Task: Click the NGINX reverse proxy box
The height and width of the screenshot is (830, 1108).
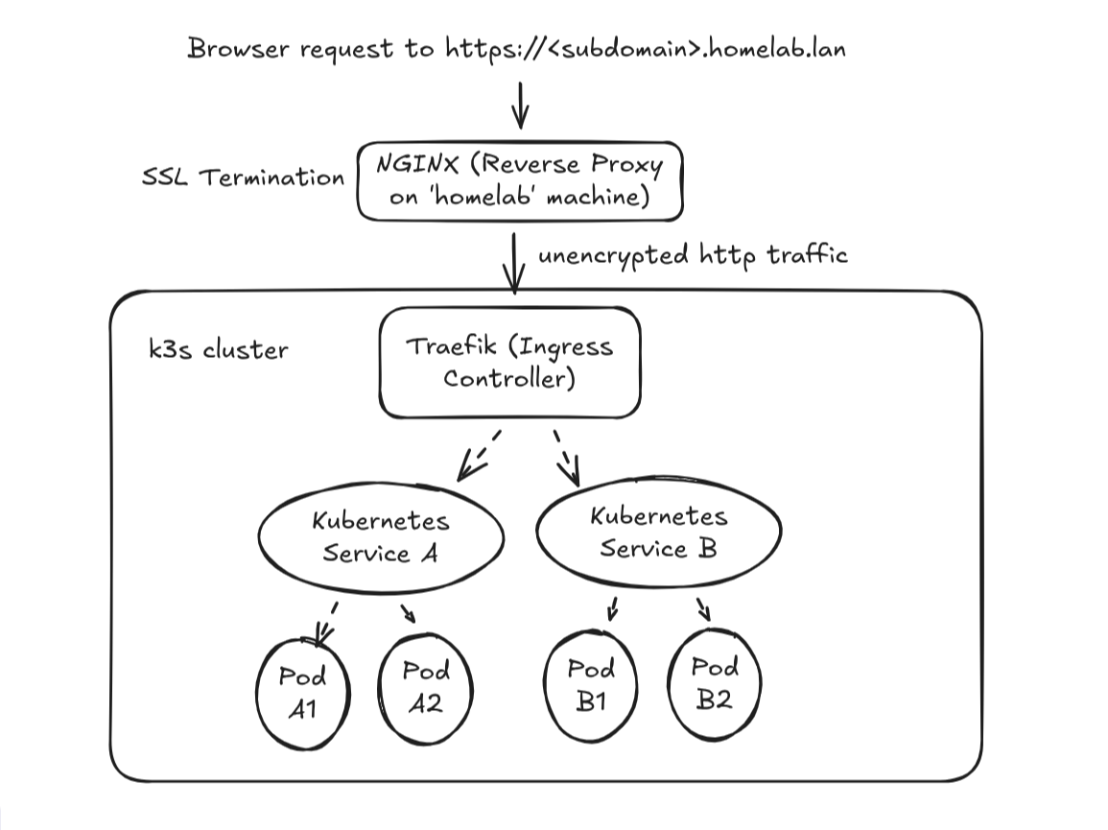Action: (x=519, y=181)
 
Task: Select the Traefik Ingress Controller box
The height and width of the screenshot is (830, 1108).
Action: (x=509, y=362)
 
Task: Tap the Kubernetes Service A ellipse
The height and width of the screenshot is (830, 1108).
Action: (x=381, y=537)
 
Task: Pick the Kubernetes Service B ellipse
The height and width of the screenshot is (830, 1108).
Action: (x=658, y=533)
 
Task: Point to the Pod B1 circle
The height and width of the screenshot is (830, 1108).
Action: (x=590, y=684)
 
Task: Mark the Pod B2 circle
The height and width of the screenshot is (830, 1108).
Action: (x=714, y=681)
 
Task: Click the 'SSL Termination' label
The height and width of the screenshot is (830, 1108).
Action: (x=243, y=178)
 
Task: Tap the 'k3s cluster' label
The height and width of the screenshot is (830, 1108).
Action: (x=218, y=348)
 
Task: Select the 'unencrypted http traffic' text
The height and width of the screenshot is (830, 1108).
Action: (x=692, y=255)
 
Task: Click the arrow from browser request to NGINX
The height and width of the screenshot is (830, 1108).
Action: (x=519, y=105)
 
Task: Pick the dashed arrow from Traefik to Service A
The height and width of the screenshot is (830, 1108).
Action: (x=480, y=455)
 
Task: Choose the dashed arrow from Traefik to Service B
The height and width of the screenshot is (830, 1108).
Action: (x=567, y=457)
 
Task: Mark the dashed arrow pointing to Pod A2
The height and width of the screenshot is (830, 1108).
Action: (x=407, y=612)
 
